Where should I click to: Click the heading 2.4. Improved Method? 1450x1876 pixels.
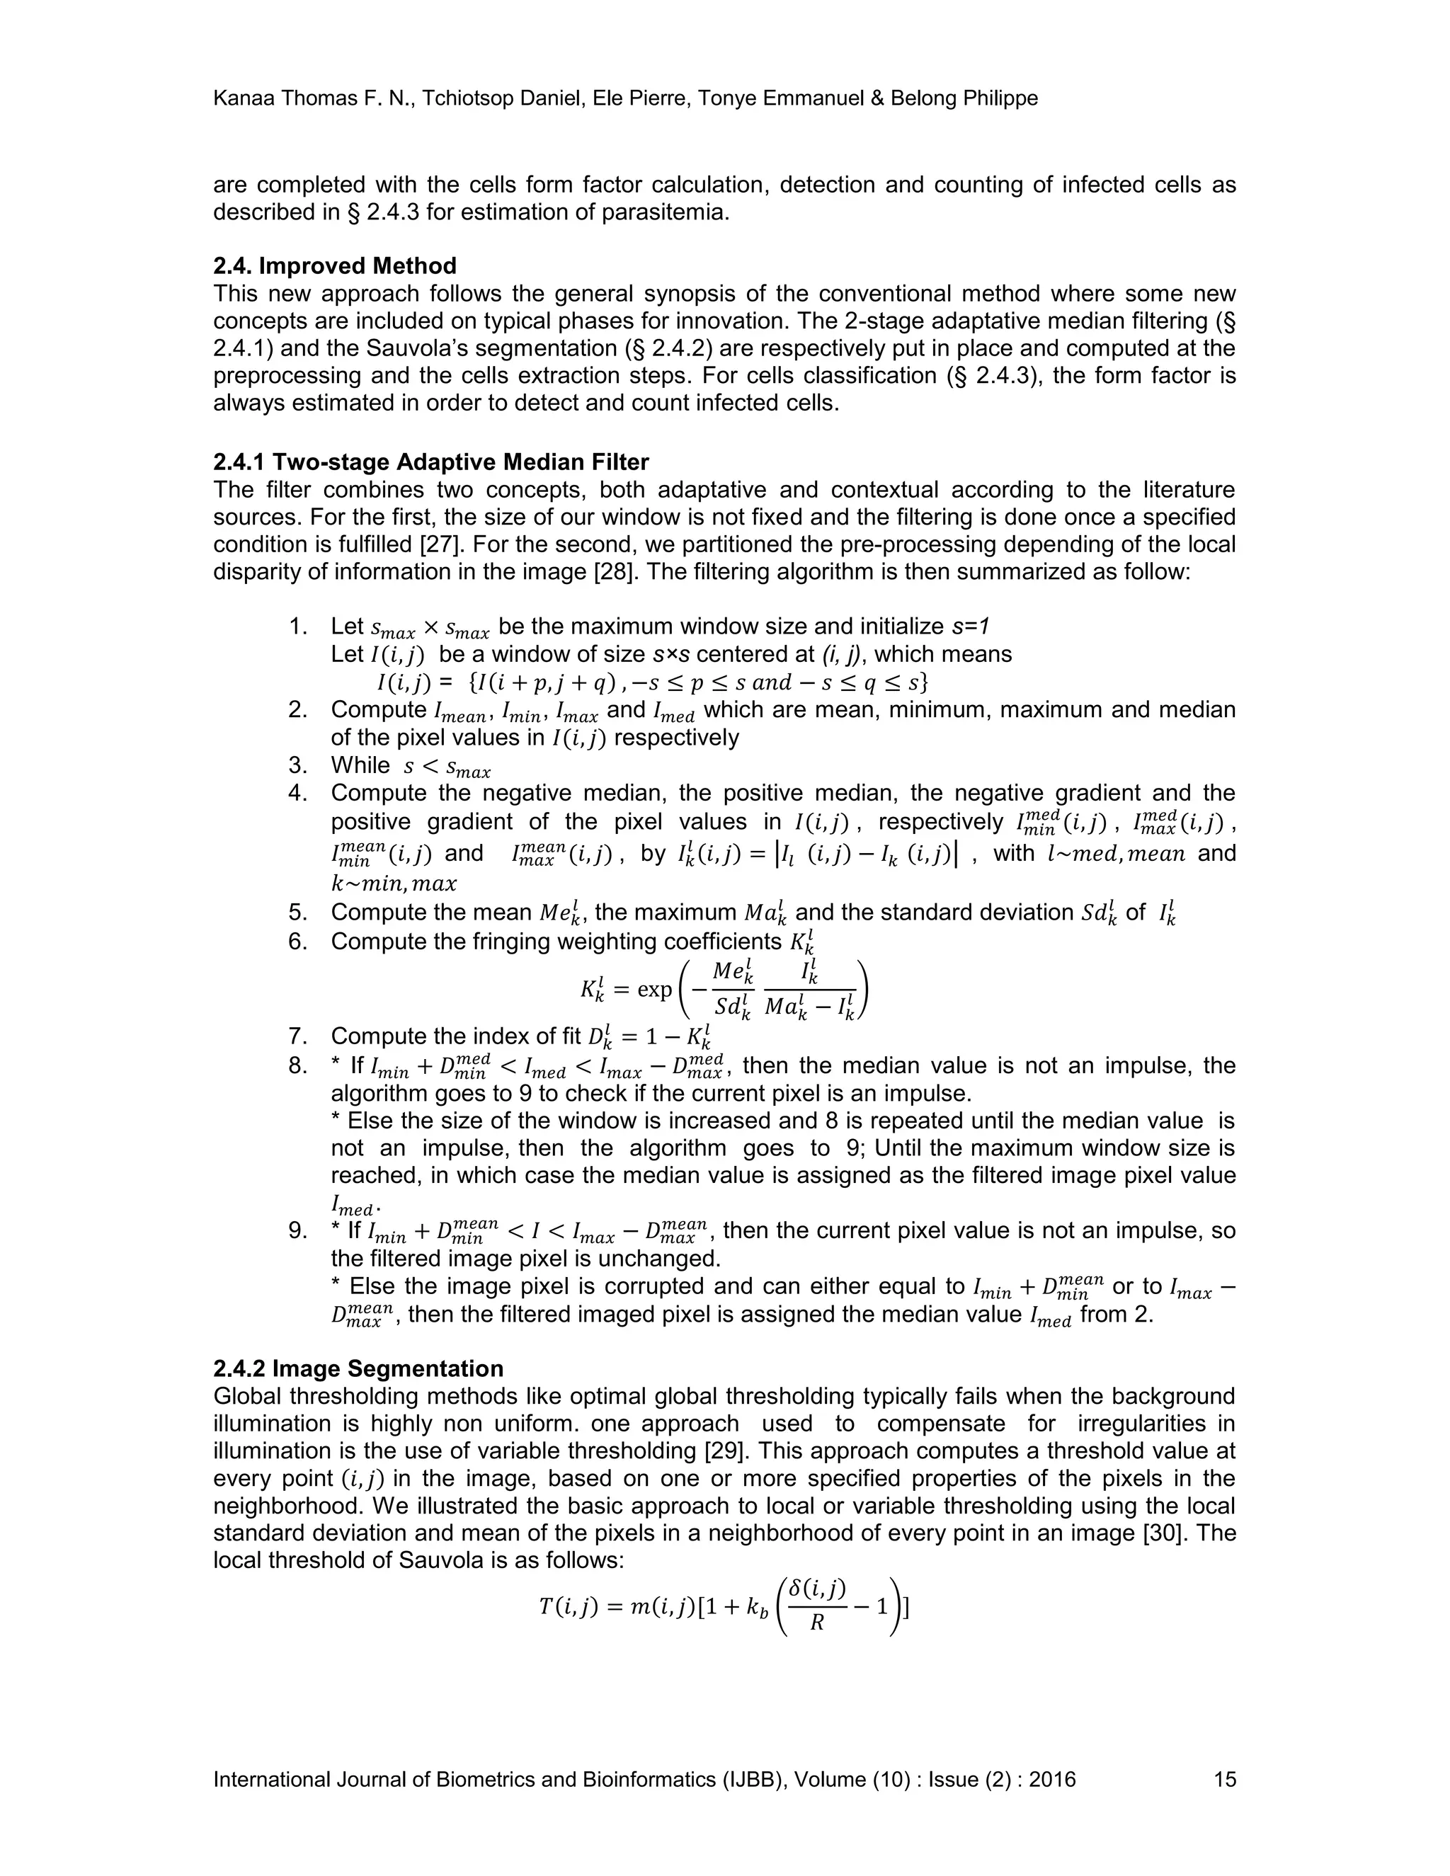334,265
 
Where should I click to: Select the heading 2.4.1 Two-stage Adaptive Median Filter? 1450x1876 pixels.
430,462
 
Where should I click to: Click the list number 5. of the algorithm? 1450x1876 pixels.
297,913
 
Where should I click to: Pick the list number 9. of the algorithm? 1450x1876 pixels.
297,1231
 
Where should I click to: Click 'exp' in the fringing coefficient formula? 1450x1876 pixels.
655,990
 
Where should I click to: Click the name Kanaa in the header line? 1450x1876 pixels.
241,99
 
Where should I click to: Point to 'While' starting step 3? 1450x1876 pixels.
360,765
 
